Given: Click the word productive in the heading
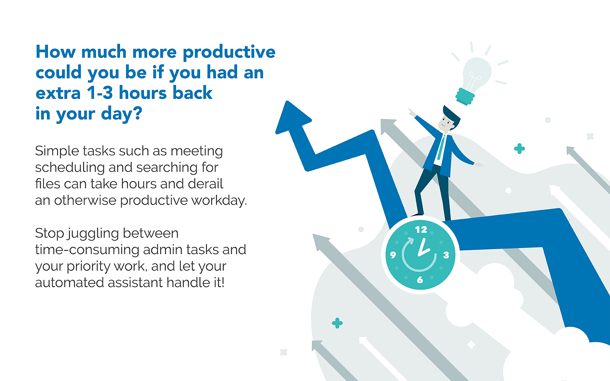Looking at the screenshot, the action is pyautogui.click(x=229, y=53).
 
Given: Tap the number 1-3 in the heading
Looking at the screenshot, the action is pyautogui.click(x=100, y=93).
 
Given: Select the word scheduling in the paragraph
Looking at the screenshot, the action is pyautogui.click(x=70, y=168).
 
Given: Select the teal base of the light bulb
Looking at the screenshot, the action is pyautogui.click(x=465, y=97).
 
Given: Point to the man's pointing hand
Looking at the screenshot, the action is pyautogui.click(x=412, y=113).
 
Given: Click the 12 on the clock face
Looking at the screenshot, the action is pyautogui.click(x=421, y=230).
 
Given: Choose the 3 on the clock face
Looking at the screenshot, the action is pyautogui.click(x=446, y=255).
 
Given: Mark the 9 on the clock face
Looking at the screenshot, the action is pyautogui.click(x=393, y=255).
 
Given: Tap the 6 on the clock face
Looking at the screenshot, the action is pyautogui.click(x=420, y=280).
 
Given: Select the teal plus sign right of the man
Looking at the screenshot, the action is pyautogui.click(x=519, y=149).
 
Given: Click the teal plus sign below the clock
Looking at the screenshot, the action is pyautogui.click(x=337, y=323).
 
